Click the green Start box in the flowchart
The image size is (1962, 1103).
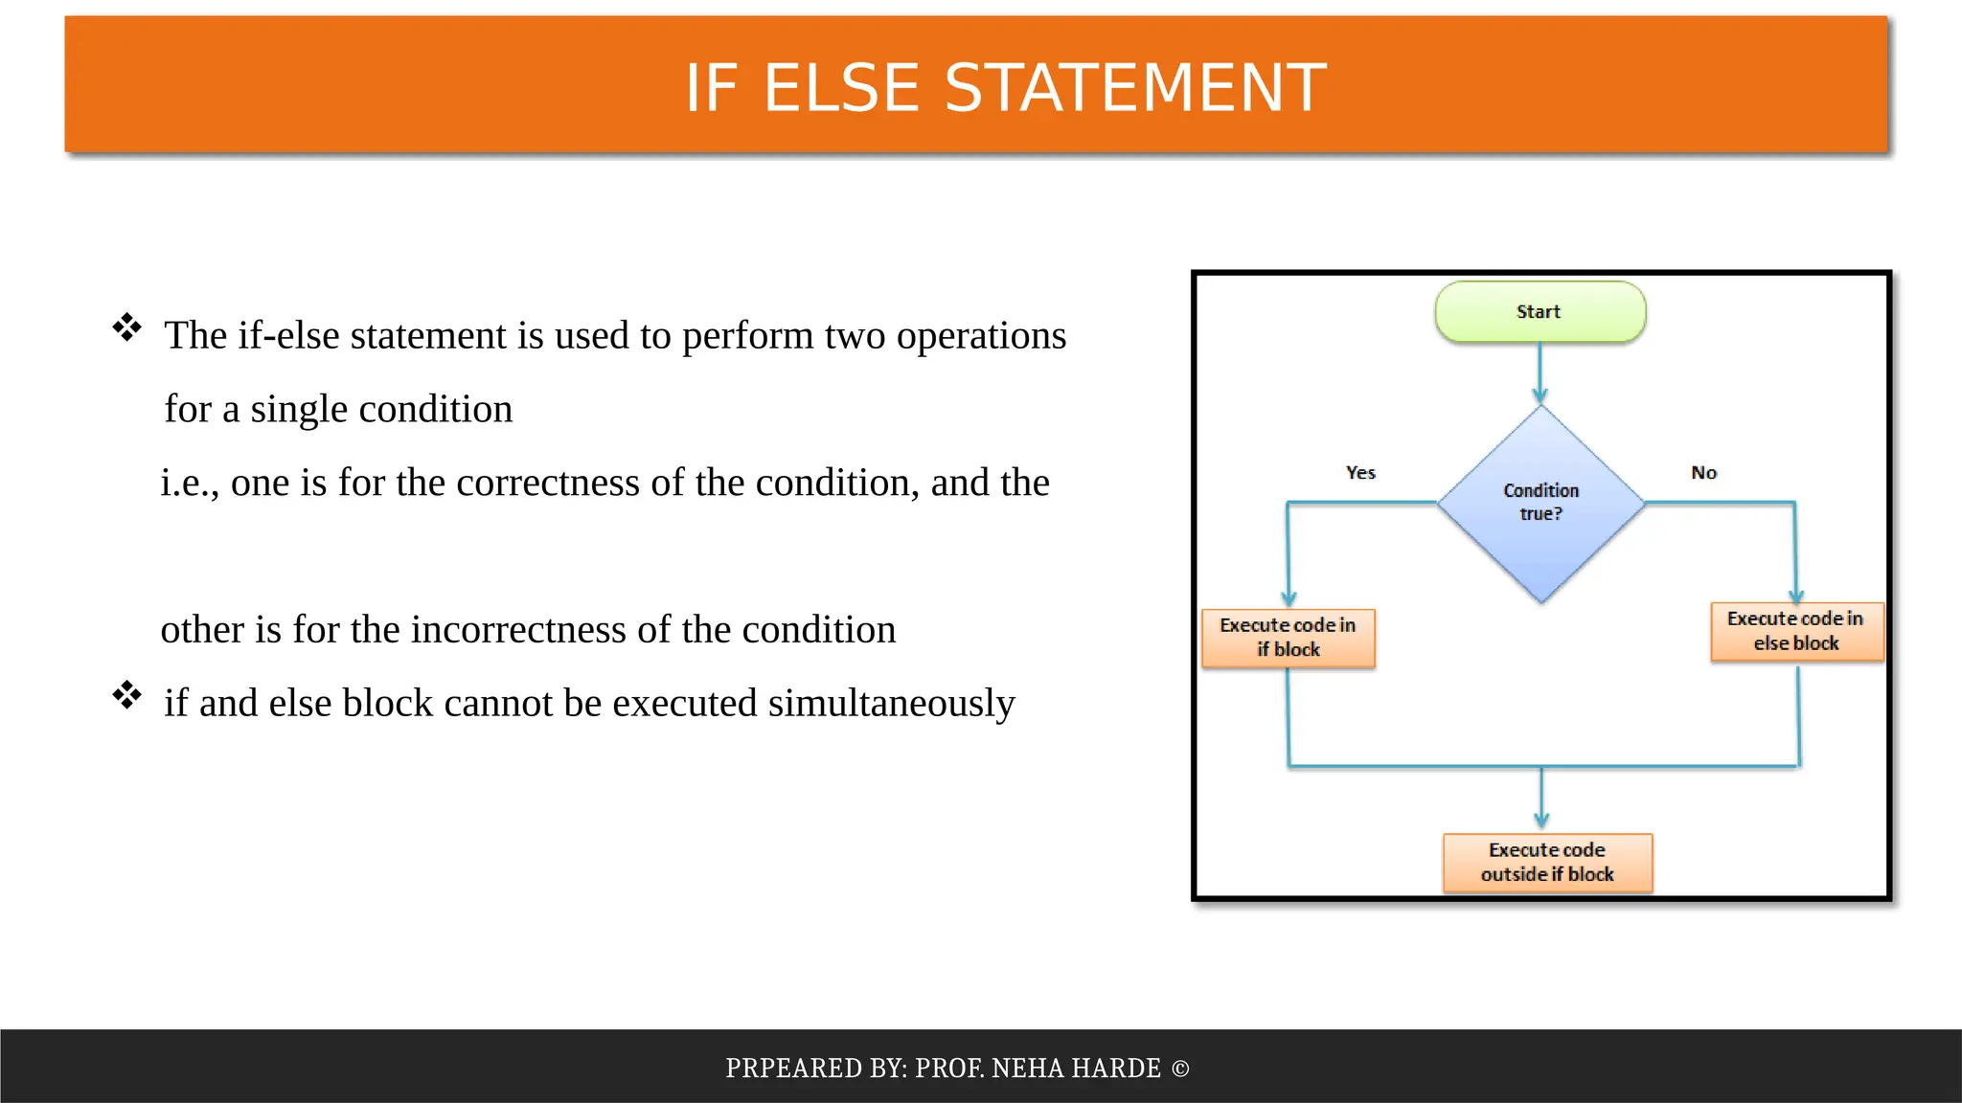pyautogui.click(x=1540, y=312)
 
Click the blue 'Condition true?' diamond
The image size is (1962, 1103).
pyautogui.click(x=1540, y=504)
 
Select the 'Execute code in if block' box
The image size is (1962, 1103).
pyautogui.click(x=1288, y=638)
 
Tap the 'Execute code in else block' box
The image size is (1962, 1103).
pyautogui.click(x=1796, y=631)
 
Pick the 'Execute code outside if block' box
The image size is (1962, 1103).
pyautogui.click(x=1547, y=862)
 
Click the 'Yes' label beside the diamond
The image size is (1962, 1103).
pyautogui.click(x=1360, y=473)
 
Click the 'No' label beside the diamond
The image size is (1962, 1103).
pyautogui.click(x=1703, y=473)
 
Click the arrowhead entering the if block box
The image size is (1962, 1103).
pyautogui.click(x=1289, y=598)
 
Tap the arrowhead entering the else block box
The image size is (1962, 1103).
pyautogui.click(x=1796, y=594)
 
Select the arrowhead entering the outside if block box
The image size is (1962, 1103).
pyautogui.click(x=1541, y=820)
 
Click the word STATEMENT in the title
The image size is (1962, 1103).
pyautogui.click(x=1135, y=88)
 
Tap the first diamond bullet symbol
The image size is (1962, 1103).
pyautogui.click(x=126, y=327)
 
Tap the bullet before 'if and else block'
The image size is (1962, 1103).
pyautogui.click(x=126, y=695)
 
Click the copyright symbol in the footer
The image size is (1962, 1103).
pyautogui.click(x=1180, y=1069)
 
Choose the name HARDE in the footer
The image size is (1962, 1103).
pyautogui.click(x=1115, y=1069)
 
